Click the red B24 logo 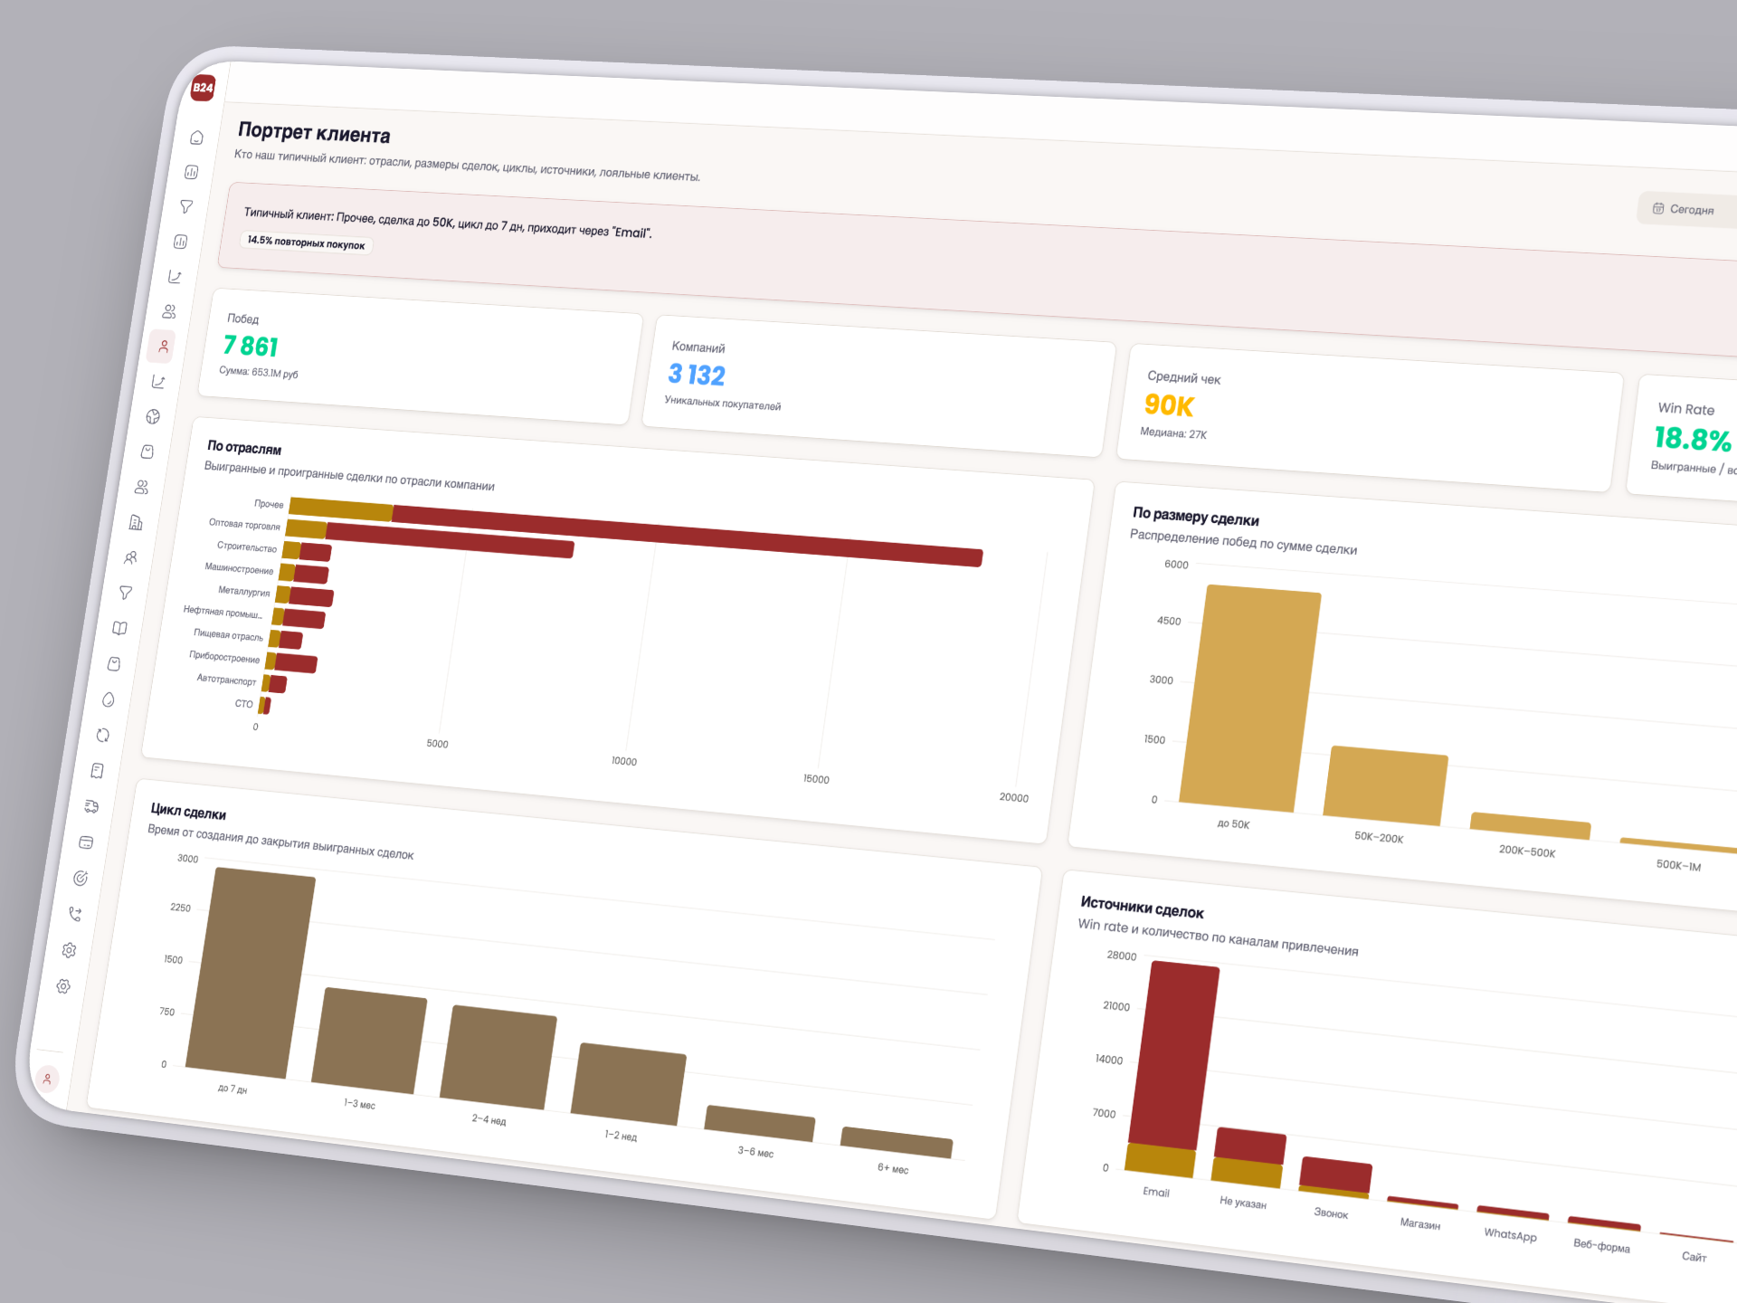click(203, 88)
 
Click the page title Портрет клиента click(314, 133)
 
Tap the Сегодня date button click(1684, 209)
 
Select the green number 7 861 click(251, 346)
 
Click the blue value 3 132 click(696, 374)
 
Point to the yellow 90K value click(1169, 405)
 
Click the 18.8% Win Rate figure click(1692, 440)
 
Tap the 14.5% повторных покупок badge click(306, 243)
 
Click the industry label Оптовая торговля click(244, 524)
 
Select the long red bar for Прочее click(688, 534)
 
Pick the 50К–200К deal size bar click(1385, 785)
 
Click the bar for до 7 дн click(252, 973)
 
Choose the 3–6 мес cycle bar click(759, 1123)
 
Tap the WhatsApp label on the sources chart click(1510, 1234)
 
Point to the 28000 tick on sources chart click(1121, 956)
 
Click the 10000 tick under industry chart click(623, 761)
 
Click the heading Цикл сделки click(188, 812)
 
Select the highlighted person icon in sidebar click(163, 347)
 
